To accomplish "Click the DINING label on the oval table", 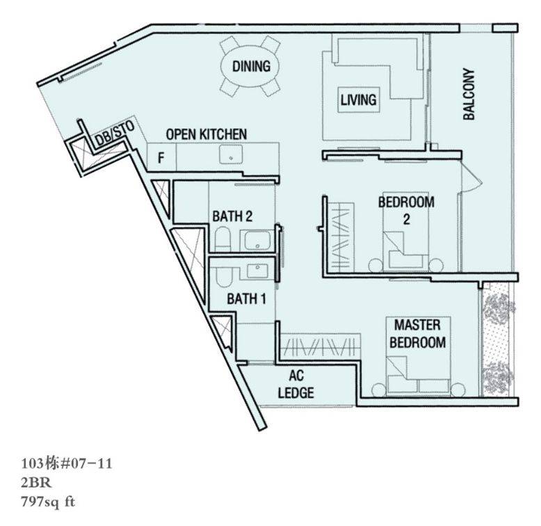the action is [251, 66].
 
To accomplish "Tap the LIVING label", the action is [359, 99].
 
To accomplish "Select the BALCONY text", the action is [469, 94].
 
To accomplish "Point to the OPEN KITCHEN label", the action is [207, 134].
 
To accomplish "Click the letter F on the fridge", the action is [161, 158].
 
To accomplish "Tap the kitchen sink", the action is [231, 156].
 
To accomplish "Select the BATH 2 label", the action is [232, 216].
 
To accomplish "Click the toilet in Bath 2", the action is [223, 239].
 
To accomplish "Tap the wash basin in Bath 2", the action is [257, 240].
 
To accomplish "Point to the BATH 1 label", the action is [246, 299].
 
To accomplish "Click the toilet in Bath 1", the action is [224, 277].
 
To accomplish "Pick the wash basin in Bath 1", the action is [257, 270].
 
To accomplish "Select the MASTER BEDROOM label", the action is [417, 334].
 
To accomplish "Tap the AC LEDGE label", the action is [296, 384].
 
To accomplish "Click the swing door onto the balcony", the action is [470, 179].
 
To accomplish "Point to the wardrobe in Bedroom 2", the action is [340, 237].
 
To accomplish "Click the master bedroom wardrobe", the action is [321, 345].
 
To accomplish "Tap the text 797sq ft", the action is [48, 502].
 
